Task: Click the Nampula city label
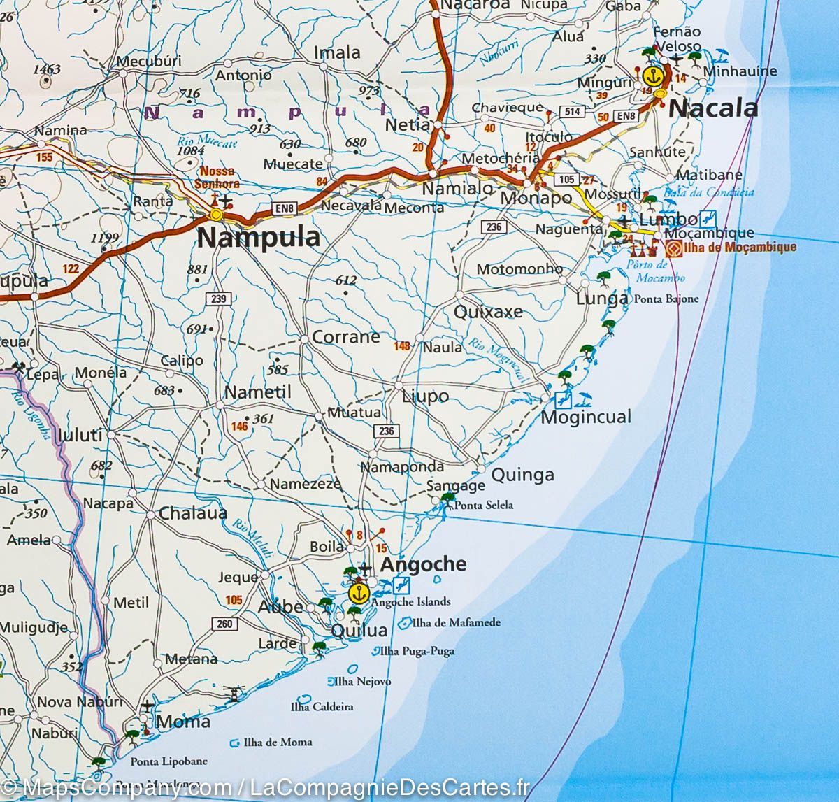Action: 259,238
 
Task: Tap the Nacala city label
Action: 713,108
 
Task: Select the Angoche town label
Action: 422,565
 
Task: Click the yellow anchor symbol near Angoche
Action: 358,594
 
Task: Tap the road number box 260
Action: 224,624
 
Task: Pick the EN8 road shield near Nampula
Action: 283,208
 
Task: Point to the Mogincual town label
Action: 586,417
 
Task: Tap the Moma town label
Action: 183,722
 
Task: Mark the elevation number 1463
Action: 46,69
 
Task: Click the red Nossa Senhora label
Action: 220,178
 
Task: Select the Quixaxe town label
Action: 488,312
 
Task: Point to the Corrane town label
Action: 345,337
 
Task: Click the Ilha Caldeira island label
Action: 322,706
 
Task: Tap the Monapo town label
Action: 536,199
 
